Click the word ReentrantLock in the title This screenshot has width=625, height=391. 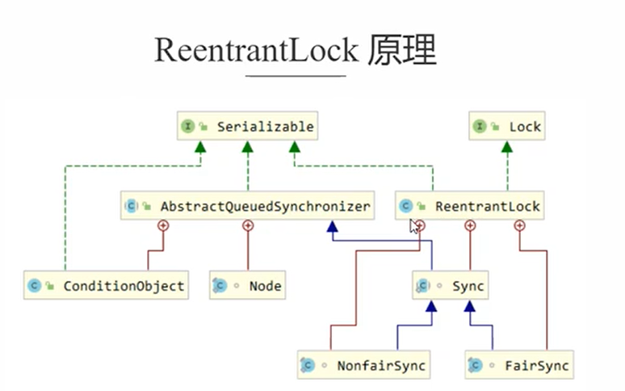pos(255,50)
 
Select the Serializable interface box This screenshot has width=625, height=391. pos(247,127)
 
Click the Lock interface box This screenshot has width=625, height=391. pos(506,127)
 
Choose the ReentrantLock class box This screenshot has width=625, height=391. pos(471,206)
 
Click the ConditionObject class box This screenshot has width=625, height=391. pos(106,285)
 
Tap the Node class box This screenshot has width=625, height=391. pos(247,285)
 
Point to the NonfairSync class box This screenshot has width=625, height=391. pos(363,365)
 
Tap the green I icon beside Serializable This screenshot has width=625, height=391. pos(187,127)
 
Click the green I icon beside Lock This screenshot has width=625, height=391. pos(480,127)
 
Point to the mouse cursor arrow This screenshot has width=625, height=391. pos(414,226)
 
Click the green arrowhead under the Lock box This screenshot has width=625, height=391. pos(506,147)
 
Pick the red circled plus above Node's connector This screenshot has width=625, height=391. pos(248,225)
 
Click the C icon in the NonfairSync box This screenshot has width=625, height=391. pos(308,365)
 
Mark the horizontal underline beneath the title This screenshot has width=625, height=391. pos(295,77)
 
